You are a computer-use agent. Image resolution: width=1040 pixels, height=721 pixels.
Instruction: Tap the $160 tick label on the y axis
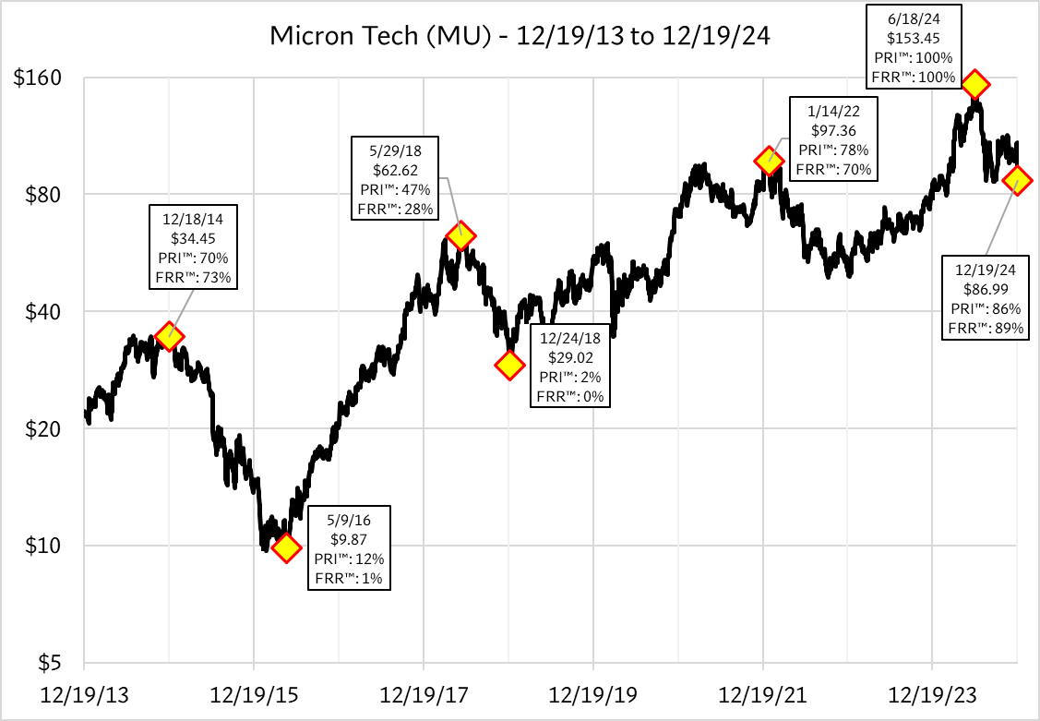[x=37, y=78]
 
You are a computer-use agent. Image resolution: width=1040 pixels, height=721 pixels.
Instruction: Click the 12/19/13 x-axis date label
[x=84, y=691]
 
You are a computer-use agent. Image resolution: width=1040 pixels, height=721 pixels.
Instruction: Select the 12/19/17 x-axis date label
[x=423, y=691]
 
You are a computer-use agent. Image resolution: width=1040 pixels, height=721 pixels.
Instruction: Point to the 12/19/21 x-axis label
[x=762, y=691]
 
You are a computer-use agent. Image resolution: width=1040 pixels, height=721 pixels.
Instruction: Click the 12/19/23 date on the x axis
[x=932, y=691]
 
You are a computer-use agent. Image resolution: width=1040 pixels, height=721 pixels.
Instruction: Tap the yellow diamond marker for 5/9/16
[x=286, y=548]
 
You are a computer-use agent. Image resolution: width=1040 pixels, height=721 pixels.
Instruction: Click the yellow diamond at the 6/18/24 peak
[x=974, y=85]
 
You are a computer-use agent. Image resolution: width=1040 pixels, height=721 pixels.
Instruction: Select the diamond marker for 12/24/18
[x=508, y=365]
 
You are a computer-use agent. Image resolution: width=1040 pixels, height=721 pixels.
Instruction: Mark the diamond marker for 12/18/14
[x=168, y=336]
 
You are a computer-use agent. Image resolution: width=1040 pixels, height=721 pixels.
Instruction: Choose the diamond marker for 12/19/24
[x=1017, y=181]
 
